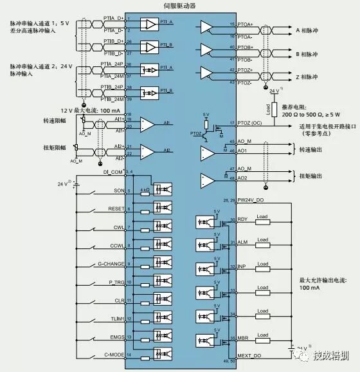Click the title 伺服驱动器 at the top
(179, 5)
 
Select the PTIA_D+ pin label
(114, 19)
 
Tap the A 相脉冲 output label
(308, 30)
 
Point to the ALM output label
(242, 241)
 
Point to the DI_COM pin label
(113, 172)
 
